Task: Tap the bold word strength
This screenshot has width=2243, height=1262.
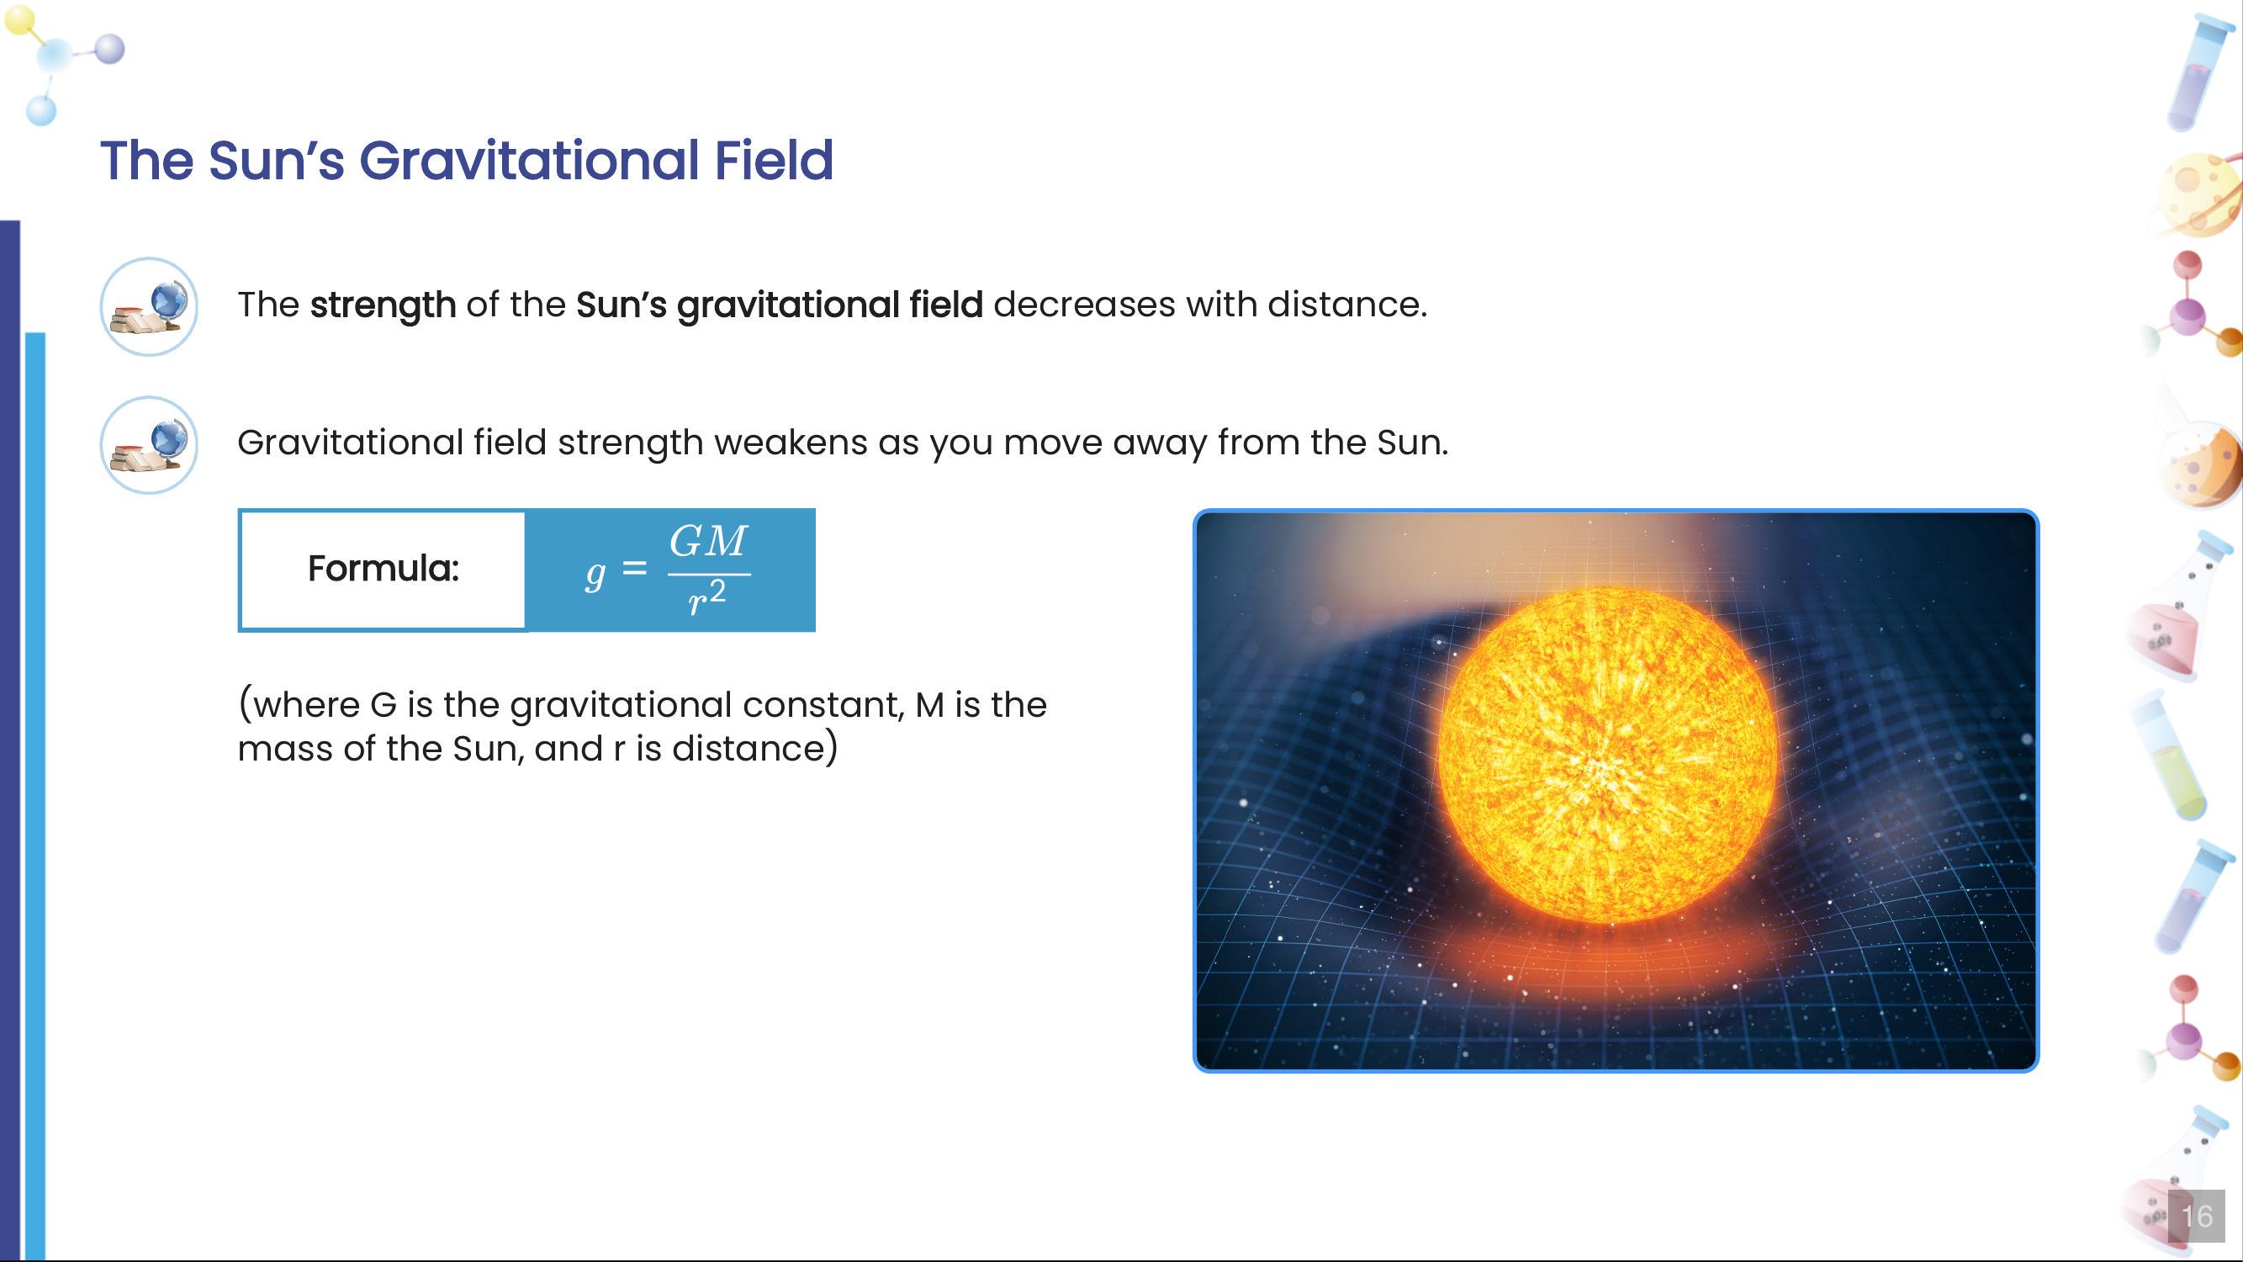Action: (x=383, y=305)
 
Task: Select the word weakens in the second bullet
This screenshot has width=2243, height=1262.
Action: (x=791, y=443)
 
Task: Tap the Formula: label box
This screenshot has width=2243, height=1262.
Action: (x=384, y=570)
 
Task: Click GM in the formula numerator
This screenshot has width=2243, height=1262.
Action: (x=708, y=542)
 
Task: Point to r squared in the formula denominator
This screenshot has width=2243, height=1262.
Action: (x=706, y=598)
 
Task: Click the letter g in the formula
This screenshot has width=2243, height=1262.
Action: (x=595, y=572)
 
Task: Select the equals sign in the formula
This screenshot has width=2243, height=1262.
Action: (x=635, y=569)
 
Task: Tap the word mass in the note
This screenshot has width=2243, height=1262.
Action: (x=285, y=749)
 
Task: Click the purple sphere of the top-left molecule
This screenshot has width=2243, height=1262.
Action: (x=109, y=49)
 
